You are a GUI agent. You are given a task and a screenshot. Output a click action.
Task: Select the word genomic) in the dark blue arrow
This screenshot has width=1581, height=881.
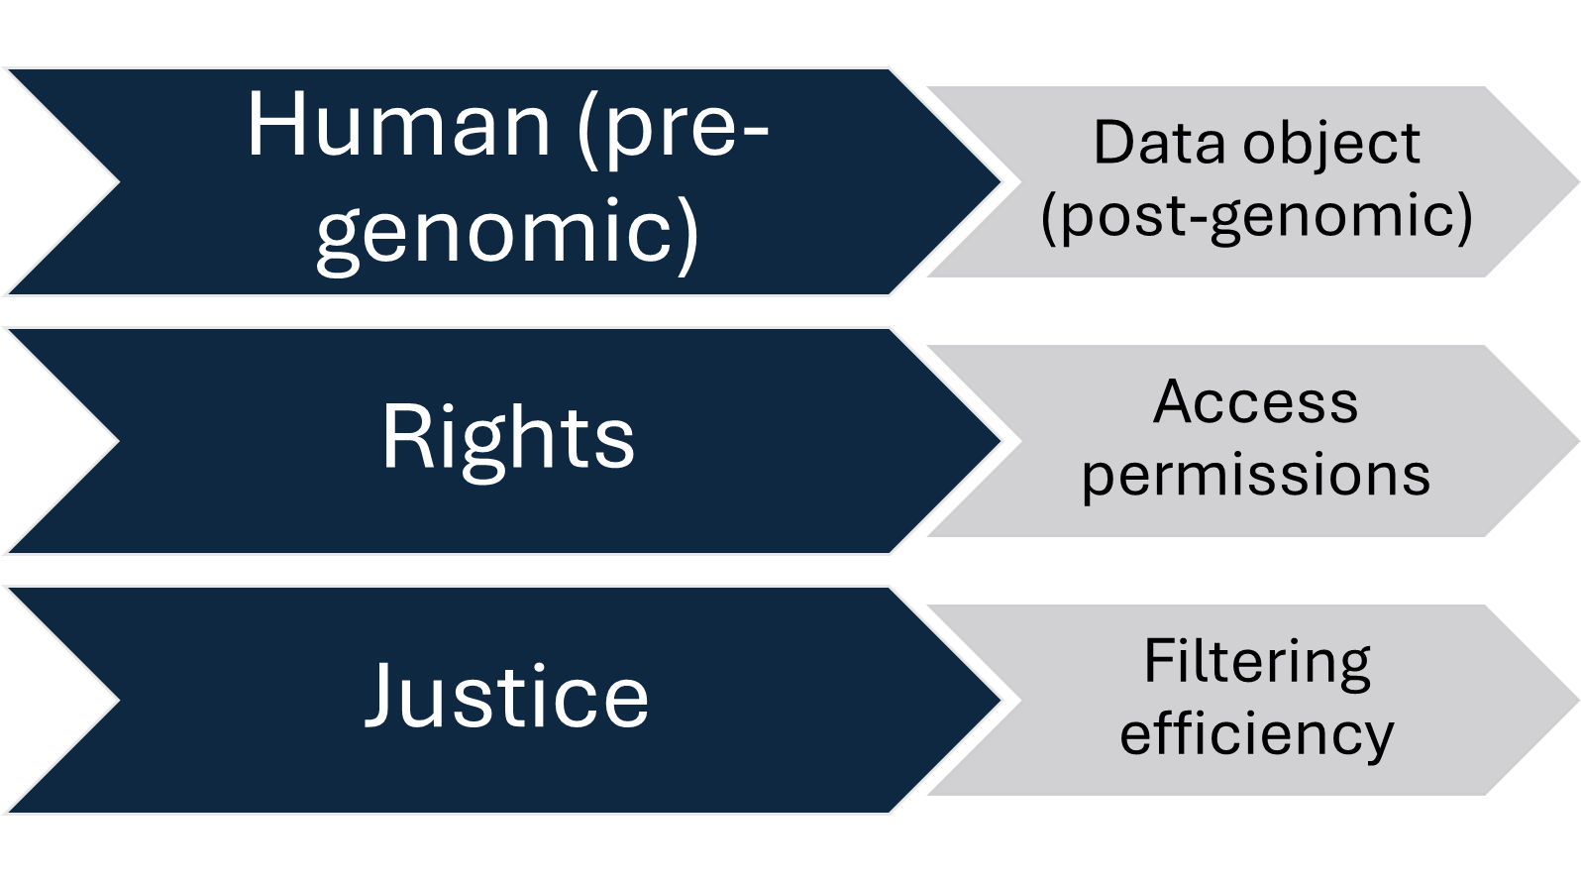coord(507,232)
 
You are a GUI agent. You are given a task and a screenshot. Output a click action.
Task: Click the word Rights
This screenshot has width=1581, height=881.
coord(507,437)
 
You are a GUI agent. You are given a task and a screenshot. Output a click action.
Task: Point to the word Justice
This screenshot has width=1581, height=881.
coord(507,696)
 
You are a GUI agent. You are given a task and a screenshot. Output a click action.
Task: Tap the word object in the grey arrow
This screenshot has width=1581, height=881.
coord(1331,145)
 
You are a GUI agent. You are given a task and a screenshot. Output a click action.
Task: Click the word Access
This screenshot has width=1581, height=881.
coord(1255,402)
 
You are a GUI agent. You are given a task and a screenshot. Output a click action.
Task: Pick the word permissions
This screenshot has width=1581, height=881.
coord(1255,475)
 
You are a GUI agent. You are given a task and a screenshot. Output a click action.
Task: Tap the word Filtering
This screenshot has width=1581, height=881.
coord(1256,662)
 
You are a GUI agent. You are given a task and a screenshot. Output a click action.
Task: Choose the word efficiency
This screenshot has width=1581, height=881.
coord(1256,734)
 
